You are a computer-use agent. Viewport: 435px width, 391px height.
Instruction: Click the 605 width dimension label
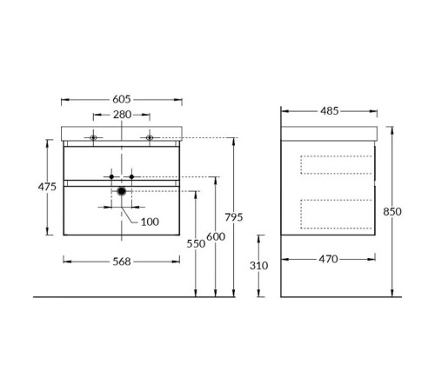pos(122,99)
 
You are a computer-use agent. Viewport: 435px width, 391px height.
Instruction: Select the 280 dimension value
pos(122,115)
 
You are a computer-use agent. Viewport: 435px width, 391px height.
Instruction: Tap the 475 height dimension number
pos(47,187)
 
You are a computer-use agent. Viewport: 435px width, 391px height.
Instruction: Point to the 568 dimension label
pos(122,262)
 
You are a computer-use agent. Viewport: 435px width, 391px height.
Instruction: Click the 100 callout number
pos(150,222)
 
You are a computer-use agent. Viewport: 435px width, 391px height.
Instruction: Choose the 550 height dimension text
pos(196,244)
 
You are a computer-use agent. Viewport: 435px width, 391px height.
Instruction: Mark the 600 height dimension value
pos(216,236)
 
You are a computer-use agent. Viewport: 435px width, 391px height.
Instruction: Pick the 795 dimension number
pos(234,217)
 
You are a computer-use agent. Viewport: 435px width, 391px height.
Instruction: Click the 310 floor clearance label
pos(258,265)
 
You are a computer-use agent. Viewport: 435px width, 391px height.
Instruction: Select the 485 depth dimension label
pos(330,110)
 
